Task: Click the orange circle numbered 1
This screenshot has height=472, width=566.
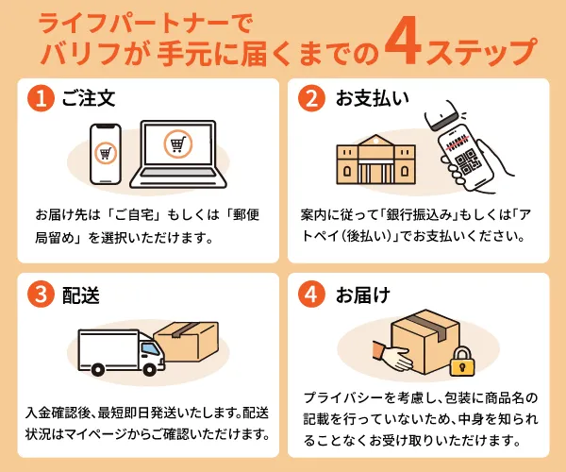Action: [x=42, y=98]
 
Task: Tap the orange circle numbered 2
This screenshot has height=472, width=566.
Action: [x=312, y=98]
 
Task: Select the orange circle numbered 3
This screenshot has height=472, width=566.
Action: [x=42, y=294]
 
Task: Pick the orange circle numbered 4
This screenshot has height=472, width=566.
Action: [x=312, y=294]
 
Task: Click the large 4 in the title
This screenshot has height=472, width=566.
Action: [x=403, y=46]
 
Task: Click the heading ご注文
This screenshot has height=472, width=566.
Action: [x=89, y=98]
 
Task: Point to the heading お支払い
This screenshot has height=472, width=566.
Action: [x=373, y=98]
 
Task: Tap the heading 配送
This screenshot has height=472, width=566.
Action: [x=80, y=295]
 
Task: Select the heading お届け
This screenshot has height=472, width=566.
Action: [x=363, y=295]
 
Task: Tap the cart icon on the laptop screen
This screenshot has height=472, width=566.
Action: [x=177, y=144]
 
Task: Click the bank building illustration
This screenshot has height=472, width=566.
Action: [x=375, y=160]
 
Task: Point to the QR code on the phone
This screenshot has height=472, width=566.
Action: [x=467, y=162]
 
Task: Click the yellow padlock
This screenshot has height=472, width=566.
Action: [x=461, y=362]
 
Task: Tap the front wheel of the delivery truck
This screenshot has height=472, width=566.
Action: [x=149, y=369]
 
